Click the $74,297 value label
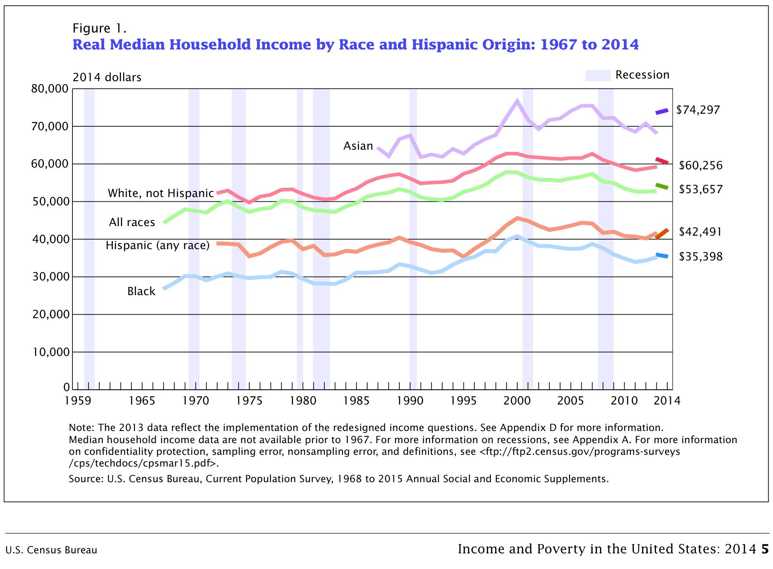[698, 110]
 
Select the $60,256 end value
[700, 165]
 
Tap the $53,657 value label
[700, 189]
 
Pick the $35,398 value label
[700, 257]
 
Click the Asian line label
[358, 146]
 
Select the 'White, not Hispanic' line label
[161, 193]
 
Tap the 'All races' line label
[132, 222]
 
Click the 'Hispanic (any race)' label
[158, 245]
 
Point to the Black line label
[141, 291]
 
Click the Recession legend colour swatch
[597, 75]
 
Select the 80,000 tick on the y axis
[50, 89]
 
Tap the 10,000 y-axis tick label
[51, 352]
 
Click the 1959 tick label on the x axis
[78, 400]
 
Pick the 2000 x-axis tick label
[517, 400]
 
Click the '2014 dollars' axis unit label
[107, 77]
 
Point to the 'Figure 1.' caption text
[99, 29]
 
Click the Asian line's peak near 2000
[517, 101]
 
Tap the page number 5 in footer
[765, 549]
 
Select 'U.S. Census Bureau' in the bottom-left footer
[51, 550]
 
